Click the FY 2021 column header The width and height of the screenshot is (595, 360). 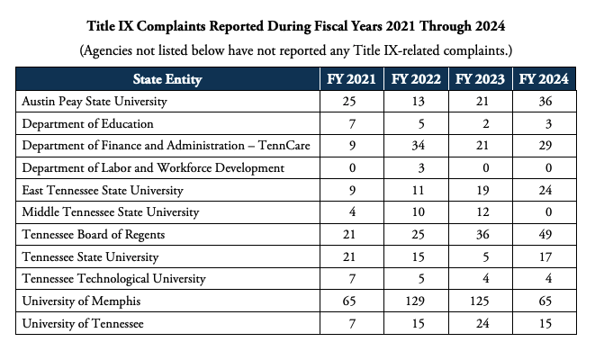pyautogui.click(x=351, y=79)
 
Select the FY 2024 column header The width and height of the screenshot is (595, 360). pyautogui.click(x=544, y=79)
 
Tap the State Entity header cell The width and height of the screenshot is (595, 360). pyautogui.click(x=167, y=79)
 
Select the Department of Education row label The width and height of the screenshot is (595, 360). pyautogui.click(x=88, y=123)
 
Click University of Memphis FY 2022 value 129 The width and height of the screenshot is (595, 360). pyautogui.click(x=415, y=301)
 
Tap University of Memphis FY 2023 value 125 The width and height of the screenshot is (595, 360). pyautogui.click(x=479, y=301)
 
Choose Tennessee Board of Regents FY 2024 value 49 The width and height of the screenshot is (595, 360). pyautogui.click(x=544, y=234)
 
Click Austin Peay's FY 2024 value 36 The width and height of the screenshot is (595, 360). pyautogui.click(x=544, y=102)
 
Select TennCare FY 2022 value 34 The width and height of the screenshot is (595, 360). pyautogui.click(x=415, y=146)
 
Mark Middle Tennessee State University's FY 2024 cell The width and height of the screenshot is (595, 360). pyautogui.click(x=544, y=212)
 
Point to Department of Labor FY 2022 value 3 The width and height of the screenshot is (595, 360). pyautogui.click(x=415, y=167)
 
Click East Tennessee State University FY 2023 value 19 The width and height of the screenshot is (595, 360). pyautogui.click(x=479, y=190)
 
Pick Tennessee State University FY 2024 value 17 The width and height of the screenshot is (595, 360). pyautogui.click(x=544, y=256)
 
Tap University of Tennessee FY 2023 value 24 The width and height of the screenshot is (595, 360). pyautogui.click(x=479, y=323)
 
